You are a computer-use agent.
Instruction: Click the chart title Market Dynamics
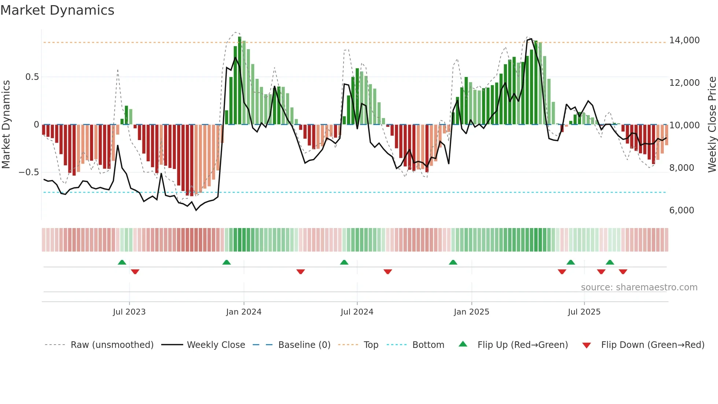click(57, 10)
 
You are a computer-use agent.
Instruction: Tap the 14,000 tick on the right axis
click(684, 40)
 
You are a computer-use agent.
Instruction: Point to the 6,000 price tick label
click(681, 210)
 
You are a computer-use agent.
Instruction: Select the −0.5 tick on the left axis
click(29, 172)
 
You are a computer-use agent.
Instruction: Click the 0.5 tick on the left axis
click(32, 77)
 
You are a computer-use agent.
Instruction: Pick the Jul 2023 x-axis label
click(129, 312)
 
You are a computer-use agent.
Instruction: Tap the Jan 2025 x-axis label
click(471, 312)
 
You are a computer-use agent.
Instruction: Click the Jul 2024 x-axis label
click(357, 312)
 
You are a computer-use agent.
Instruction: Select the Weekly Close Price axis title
click(712, 124)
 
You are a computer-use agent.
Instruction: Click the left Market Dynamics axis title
click(6, 124)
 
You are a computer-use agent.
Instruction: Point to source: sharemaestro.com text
click(639, 287)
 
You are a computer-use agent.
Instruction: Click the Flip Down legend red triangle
click(586, 345)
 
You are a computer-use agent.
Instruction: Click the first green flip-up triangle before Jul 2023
click(122, 262)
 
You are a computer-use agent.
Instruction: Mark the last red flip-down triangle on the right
click(623, 272)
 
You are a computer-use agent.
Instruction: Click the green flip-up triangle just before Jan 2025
click(453, 262)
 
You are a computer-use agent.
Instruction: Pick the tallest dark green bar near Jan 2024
click(240, 81)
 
